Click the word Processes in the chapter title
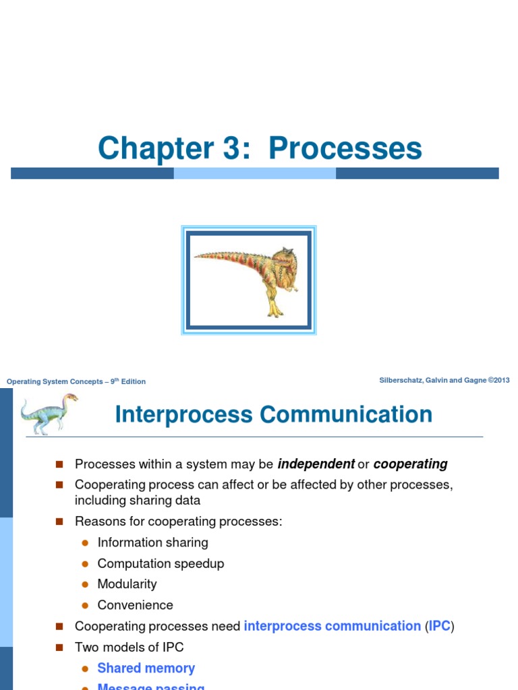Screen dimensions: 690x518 [345, 148]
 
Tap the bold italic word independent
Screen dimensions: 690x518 [316, 464]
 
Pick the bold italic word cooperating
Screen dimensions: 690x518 [410, 464]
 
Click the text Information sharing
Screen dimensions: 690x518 [152, 542]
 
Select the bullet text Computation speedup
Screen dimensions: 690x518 [161, 563]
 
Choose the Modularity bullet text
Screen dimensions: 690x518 [127, 584]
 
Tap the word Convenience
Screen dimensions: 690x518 [135, 605]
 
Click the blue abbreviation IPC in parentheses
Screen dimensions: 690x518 [439, 626]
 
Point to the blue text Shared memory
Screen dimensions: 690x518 [146, 668]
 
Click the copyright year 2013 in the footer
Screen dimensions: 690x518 [502, 381]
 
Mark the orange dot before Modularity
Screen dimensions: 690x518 [85, 585]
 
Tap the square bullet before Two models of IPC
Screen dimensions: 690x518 [59, 647]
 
